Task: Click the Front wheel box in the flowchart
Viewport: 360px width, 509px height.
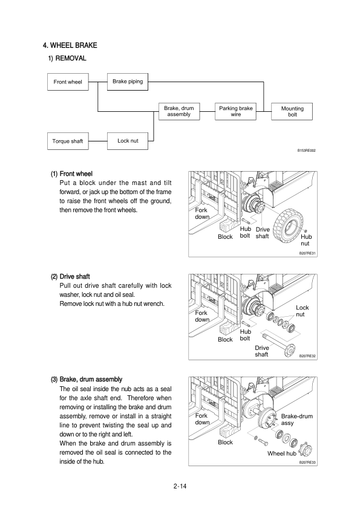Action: click(x=68, y=82)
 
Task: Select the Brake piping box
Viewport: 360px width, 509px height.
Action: click(x=128, y=82)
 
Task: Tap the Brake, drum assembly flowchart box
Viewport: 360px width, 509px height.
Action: click(x=179, y=111)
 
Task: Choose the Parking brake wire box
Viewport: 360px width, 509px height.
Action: click(x=235, y=111)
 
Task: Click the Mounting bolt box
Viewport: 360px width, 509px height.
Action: click(x=292, y=112)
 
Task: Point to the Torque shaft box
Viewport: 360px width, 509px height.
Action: click(x=68, y=141)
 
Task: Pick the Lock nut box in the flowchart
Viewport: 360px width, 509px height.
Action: click(x=128, y=141)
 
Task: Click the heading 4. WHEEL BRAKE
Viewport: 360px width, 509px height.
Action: click(x=70, y=45)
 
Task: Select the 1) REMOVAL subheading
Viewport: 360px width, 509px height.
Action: click(x=67, y=59)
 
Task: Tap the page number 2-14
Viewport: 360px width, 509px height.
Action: click(x=180, y=486)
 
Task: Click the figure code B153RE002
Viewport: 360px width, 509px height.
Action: click(x=306, y=151)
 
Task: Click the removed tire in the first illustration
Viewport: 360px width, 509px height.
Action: click(x=287, y=225)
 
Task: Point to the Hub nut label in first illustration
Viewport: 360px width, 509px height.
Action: click(x=306, y=240)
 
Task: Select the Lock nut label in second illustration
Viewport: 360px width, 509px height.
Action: click(x=302, y=311)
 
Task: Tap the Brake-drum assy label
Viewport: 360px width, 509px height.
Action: click(x=296, y=420)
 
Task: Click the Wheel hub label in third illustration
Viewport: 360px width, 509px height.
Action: click(x=282, y=453)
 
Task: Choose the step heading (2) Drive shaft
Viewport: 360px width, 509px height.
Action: click(x=70, y=277)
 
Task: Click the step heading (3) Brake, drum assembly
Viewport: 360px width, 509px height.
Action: click(x=87, y=380)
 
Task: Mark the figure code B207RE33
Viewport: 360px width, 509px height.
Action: click(x=307, y=462)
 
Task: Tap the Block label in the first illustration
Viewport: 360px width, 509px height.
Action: click(x=225, y=236)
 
